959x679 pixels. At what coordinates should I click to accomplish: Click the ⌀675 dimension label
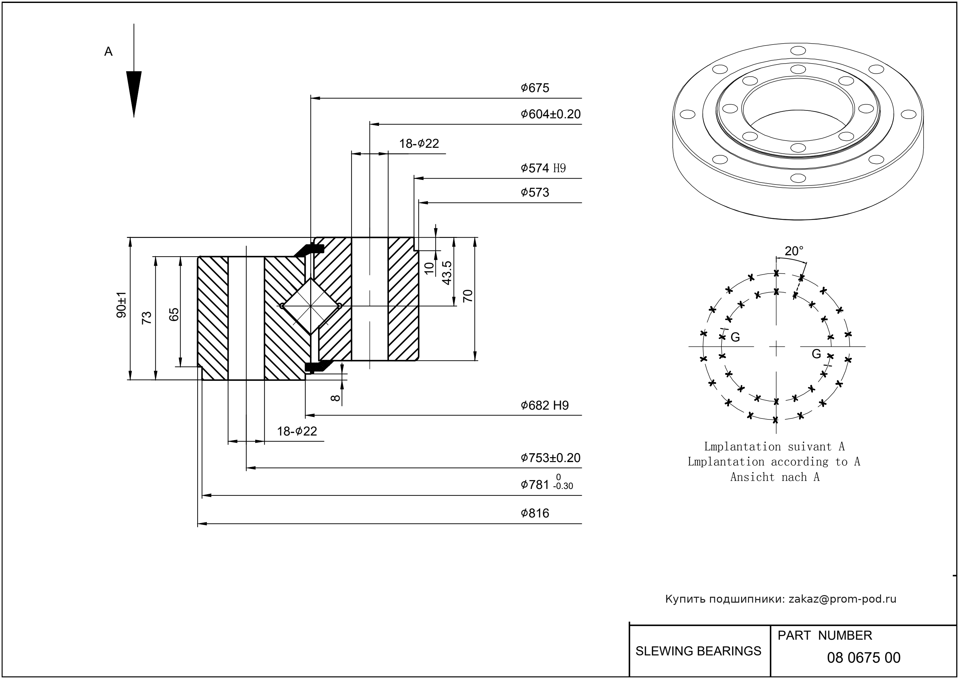(535, 88)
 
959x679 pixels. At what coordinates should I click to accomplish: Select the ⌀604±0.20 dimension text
(550, 114)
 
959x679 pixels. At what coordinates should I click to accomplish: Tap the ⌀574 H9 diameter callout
(543, 168)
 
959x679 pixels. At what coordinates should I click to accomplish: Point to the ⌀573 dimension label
(535, 192)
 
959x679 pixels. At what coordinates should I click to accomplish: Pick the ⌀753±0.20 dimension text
(550, 458)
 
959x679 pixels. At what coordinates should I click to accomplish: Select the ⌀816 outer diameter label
(535, 513)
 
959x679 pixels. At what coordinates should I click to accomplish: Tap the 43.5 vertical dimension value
(447, 273)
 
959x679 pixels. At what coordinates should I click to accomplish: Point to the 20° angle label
(794, 251)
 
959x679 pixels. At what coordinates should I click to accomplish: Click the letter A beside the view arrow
(108, 52)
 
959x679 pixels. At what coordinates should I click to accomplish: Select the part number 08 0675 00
(863, 658)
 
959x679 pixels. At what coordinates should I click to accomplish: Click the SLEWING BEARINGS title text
(698, 651)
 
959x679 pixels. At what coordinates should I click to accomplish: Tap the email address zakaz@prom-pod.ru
(842, 599)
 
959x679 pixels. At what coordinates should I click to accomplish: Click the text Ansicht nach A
(775, 477)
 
